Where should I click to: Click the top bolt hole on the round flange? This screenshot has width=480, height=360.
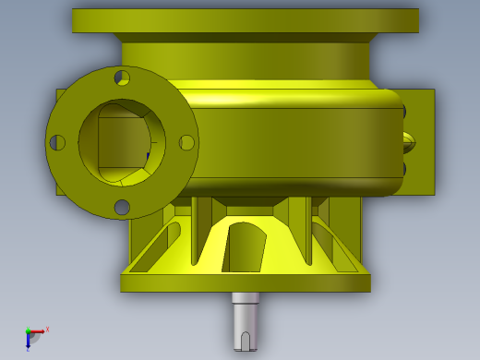[122, 78]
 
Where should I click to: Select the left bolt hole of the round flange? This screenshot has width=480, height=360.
[57, 143]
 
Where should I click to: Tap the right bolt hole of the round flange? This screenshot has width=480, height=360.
[186, 142]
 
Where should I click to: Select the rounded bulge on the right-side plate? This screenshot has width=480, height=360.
[410, 142]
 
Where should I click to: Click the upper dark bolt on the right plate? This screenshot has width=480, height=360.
[403, 112]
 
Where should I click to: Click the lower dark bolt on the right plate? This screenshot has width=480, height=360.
[403, 168]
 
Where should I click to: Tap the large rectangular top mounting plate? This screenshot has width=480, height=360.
[245, 20]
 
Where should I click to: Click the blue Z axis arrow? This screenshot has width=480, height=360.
[28, 342]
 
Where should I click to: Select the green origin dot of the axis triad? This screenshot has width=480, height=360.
[28, 330]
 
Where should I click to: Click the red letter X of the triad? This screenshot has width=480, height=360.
[47, 329]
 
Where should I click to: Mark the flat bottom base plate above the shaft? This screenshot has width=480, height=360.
[245, 282]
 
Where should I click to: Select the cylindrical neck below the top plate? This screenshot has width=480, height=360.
[245, 59]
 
